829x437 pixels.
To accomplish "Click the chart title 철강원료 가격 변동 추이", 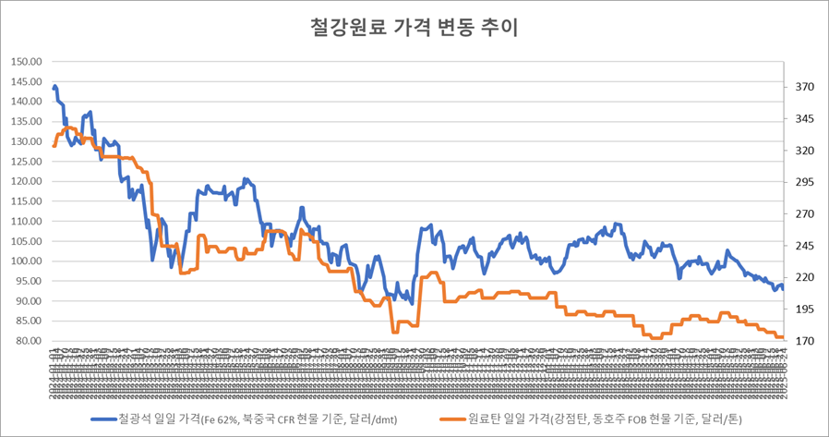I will pyautogui.click(x=414, y=27).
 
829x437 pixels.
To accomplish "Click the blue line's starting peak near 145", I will pyautogui.click(x=55, y=87).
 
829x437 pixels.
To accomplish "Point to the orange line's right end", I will pyautogui.click(x=782, y=337).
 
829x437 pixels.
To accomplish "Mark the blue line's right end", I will pyautogui.click(x=782, y=287).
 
